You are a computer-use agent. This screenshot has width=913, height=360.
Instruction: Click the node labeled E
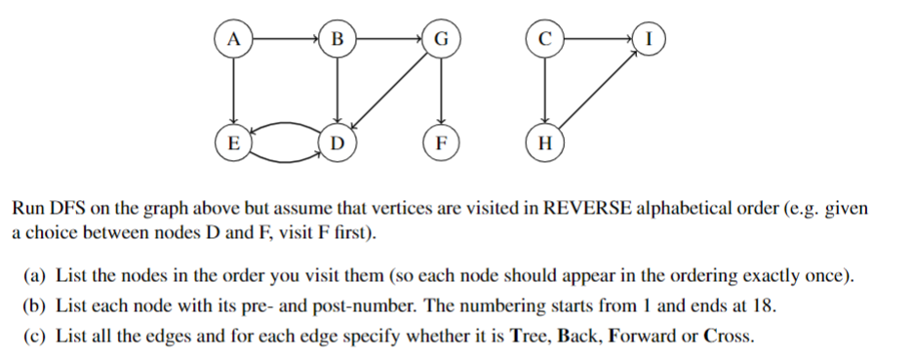(232, 142)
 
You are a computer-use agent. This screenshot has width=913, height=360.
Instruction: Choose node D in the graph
(337, 142)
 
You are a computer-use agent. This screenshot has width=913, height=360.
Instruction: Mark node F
(442, 142)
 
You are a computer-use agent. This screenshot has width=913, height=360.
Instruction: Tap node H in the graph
(545, 142)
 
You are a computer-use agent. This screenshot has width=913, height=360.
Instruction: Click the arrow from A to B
(285, 39)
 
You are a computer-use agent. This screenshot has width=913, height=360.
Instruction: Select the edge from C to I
(598, 39)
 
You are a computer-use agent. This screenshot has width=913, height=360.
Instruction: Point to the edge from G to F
(442, 91)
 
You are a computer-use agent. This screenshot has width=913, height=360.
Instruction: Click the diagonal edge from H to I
(598, 91)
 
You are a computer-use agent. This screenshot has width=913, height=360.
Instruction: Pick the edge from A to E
(232, 91)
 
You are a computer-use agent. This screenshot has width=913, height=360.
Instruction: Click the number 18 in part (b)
(765, 306)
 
